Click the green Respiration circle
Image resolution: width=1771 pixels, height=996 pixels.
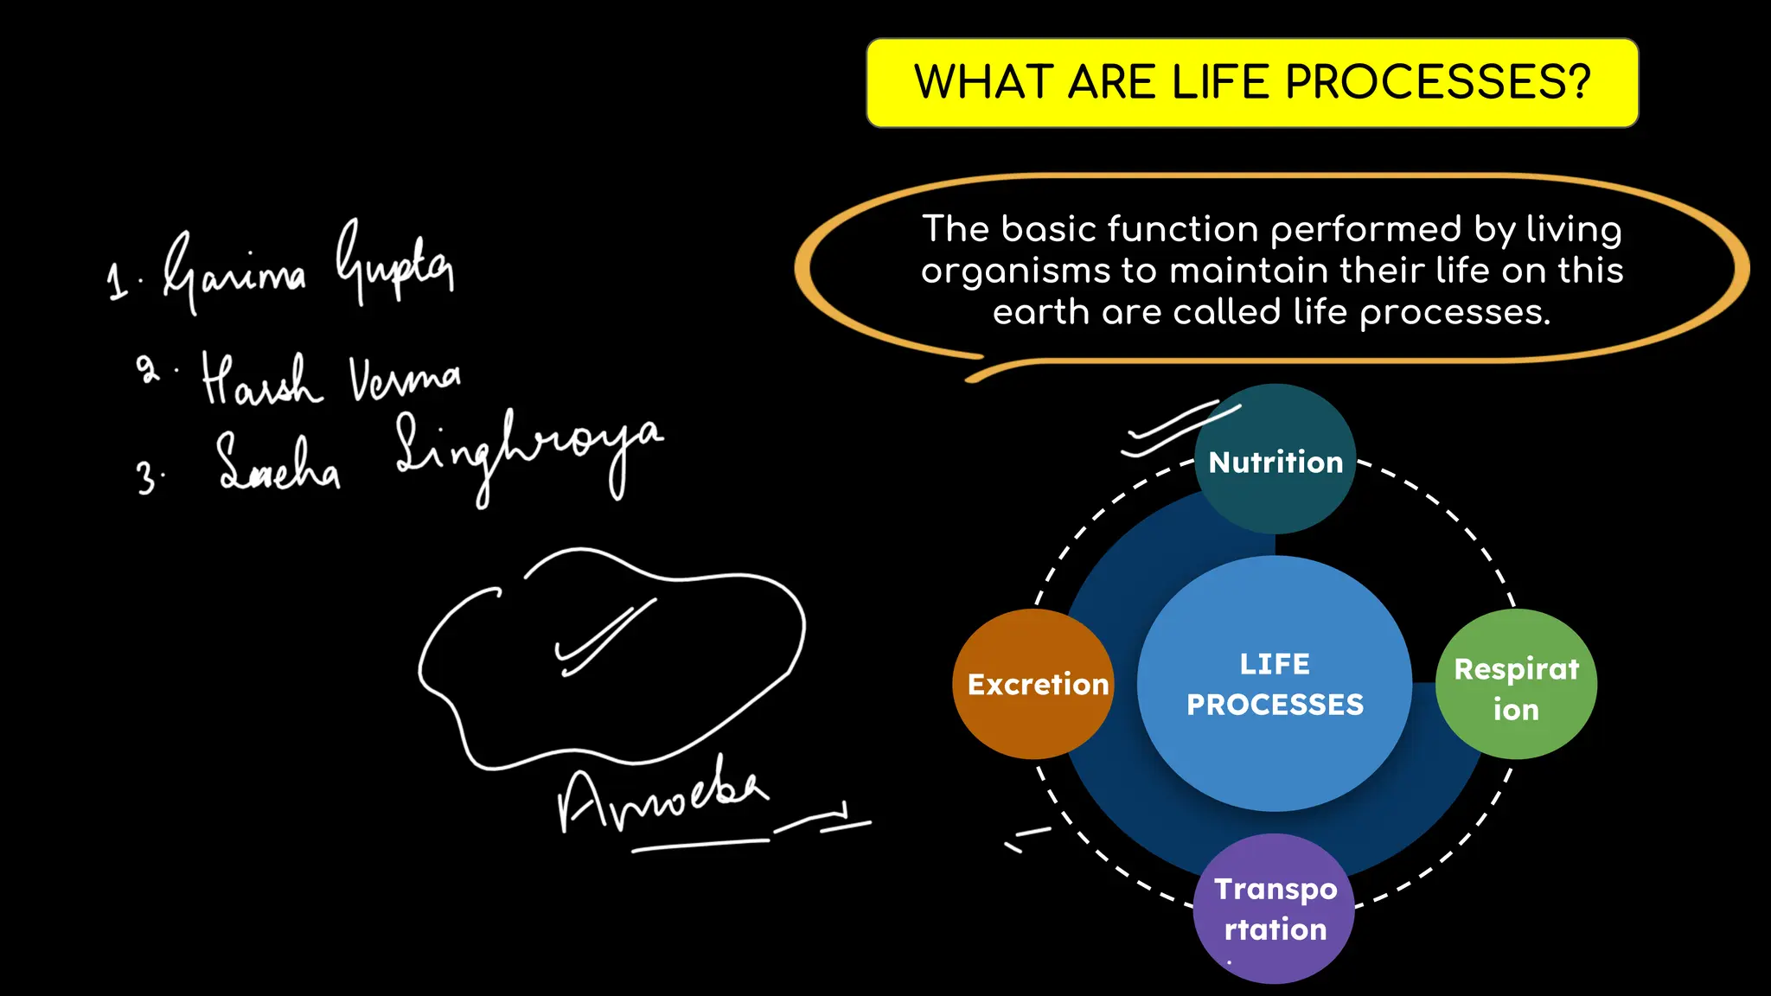1516,684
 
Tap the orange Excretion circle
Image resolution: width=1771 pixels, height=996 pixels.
1033,684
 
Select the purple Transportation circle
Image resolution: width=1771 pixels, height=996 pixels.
1274,909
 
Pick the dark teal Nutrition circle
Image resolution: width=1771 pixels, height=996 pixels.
1276,460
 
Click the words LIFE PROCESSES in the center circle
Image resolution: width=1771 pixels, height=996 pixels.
1275,684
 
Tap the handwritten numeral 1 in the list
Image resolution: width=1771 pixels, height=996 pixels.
117,282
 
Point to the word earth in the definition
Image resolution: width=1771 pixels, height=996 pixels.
1040,312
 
